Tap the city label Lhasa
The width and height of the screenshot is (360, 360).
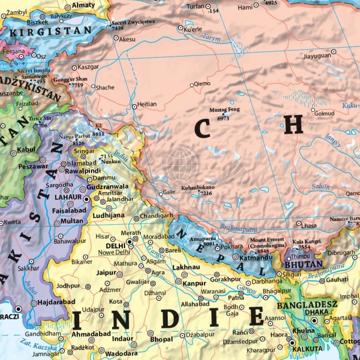(x=309, y=225)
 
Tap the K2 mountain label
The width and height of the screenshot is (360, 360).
(x=99, y=125)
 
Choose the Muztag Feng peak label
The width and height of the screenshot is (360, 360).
(x=224, y=110)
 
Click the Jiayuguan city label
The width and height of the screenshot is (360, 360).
(x=318, y=57)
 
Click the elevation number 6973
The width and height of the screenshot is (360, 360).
(x=223, y=118)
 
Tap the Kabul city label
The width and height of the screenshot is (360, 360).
(x=26, y=149)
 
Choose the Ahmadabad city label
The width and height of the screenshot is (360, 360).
(x=92, y=334)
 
